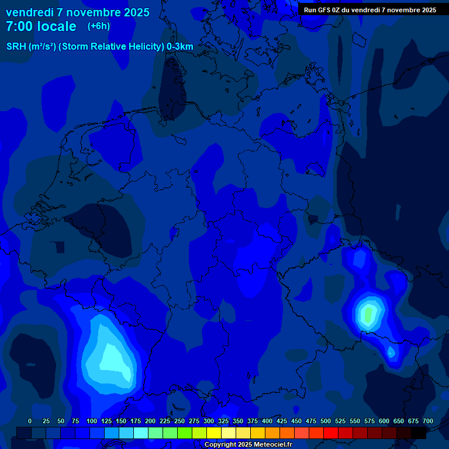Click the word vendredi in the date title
[x=29, y=12]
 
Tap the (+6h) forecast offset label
[x=99, y=26]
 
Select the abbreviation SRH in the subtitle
[x=16, y=47]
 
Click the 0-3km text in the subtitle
[x=180, y=47]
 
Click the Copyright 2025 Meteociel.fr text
[x=248, y=444]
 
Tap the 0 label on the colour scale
[x=30, y=421]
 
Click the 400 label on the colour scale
[x=267, y=421]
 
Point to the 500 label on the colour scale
[x=326, y=421]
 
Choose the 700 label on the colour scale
[x=428, y=421]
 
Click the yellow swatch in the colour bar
[x=214, y=433]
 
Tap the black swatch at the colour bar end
[x=419, y=433]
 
